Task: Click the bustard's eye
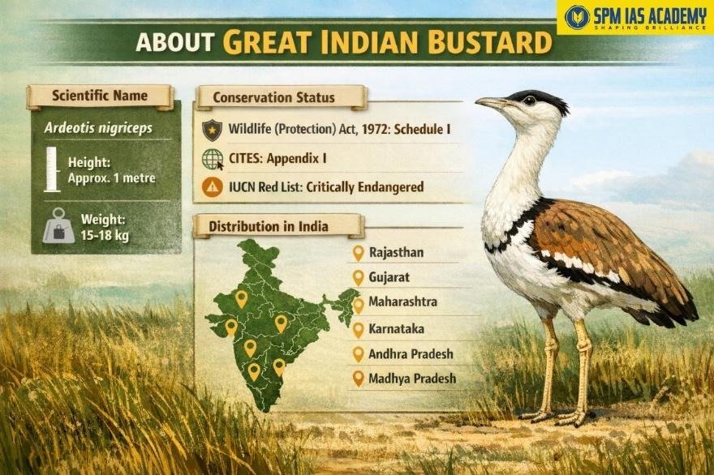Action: tap(529, 101)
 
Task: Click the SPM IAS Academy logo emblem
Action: tap(577, 16)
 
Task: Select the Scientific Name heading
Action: tap(100, 96)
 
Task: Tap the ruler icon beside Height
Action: tap(53, 169)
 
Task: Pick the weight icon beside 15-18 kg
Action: tap(58, 226)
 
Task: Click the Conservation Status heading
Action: tap(273, 98)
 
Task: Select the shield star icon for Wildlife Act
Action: tap(212, 129)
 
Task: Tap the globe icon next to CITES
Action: tap(212, 159)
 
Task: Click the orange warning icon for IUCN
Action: tap(212, 187)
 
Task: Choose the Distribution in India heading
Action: tap(269, 226)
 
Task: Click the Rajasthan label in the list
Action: tap(396, 253)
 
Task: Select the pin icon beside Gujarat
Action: tap(358, 278)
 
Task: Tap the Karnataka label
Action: tap(396, 329)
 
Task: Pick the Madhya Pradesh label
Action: tap(412, 379)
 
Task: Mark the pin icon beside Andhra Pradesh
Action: tap(358, 354)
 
